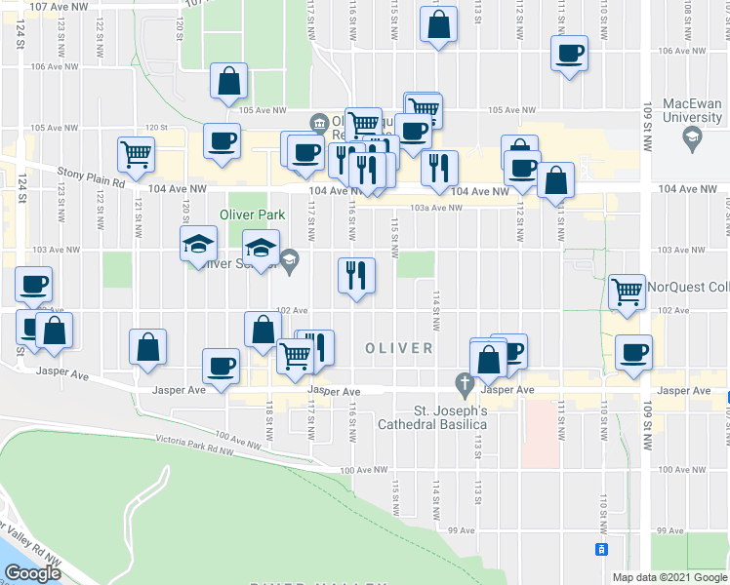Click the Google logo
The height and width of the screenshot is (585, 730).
click(33, 573)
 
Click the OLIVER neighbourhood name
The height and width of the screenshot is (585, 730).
click(399, 348)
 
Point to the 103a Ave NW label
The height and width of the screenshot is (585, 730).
click(434, 208)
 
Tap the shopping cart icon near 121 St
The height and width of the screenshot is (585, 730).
click(136, 153)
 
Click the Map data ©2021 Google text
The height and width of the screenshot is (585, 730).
click(669, 577)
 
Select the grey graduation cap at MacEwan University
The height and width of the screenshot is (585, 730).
click(692, 139)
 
